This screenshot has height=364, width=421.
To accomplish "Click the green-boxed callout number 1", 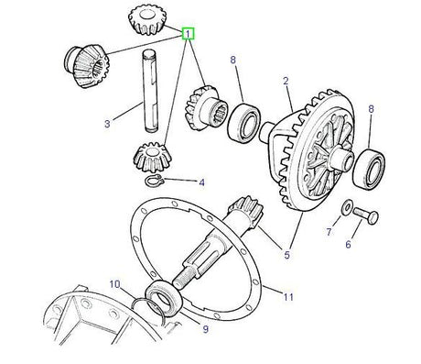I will point(189,34).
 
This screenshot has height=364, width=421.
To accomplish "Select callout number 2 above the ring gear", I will point(286,82).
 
